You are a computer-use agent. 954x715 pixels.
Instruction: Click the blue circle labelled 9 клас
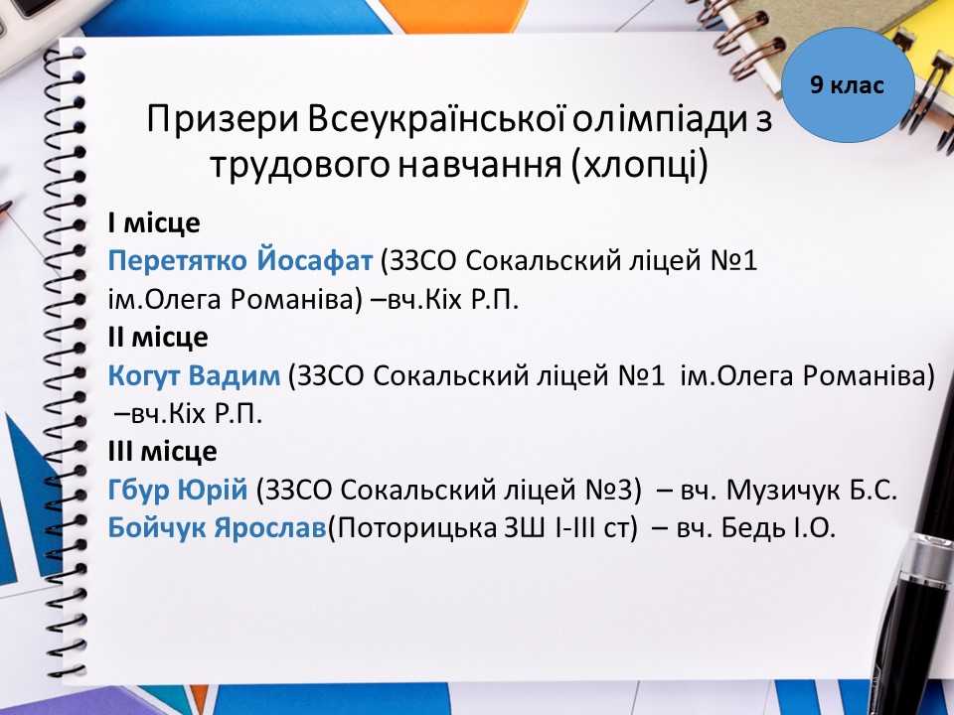coord(848,85)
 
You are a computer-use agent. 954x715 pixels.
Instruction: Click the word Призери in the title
coord(222,120)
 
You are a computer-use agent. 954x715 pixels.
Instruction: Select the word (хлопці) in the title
coord(639,164)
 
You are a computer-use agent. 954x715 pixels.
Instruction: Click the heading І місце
coord(154,223)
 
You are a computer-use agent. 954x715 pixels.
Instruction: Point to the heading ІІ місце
coord(158,337)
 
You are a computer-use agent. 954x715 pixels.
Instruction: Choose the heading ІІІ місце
coord(162,451)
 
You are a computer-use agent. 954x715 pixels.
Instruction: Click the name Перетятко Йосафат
coord(239,261)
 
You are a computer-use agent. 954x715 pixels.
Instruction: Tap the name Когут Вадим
coord(194,375)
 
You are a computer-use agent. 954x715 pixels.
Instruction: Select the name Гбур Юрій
coord(178,490)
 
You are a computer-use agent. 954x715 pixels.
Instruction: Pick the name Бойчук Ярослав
coord(218,527)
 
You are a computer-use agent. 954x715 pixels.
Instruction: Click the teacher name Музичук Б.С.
coord(812,490)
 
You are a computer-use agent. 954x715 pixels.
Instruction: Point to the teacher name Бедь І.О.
coord(778,527)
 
